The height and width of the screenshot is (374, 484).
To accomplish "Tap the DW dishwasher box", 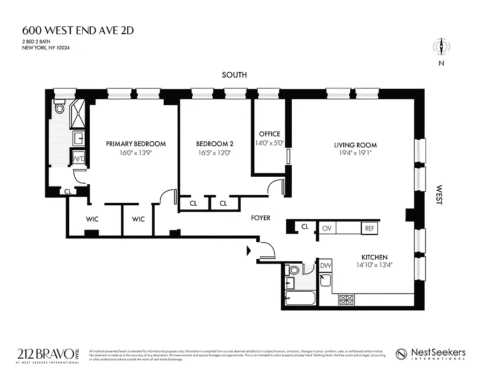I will [325, 266].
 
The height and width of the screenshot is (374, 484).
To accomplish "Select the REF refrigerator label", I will [369, 228].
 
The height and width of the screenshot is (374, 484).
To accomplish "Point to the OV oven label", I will [326, 228].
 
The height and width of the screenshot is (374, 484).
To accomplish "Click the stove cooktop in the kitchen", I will [347, 300].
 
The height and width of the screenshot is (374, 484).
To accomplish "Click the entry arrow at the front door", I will [249, 252].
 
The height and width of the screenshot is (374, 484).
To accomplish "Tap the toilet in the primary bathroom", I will [59, 107].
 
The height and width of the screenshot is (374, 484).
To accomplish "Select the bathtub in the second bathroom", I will [299, 298].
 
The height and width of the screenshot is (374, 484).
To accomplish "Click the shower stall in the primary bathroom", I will [78, 113].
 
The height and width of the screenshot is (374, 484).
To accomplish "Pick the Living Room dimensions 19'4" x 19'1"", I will [355, 153].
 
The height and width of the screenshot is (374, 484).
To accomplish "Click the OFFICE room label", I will [269, 134].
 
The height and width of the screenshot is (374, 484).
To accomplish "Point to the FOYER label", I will [260, 218].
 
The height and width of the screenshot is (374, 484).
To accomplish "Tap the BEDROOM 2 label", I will [214, 144].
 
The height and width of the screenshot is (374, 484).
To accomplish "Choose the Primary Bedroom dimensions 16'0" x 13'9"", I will [136, 152].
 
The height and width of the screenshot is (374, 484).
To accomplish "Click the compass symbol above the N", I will [441, 46].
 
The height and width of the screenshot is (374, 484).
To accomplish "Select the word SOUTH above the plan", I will [234, 75].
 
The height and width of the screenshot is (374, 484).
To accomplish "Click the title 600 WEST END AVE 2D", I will [78, 31].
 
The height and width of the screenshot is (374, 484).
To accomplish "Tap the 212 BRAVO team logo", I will [51, 354].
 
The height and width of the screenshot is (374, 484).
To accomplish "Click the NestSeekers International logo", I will [431, 354].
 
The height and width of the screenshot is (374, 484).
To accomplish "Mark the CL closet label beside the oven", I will [305, 227].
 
